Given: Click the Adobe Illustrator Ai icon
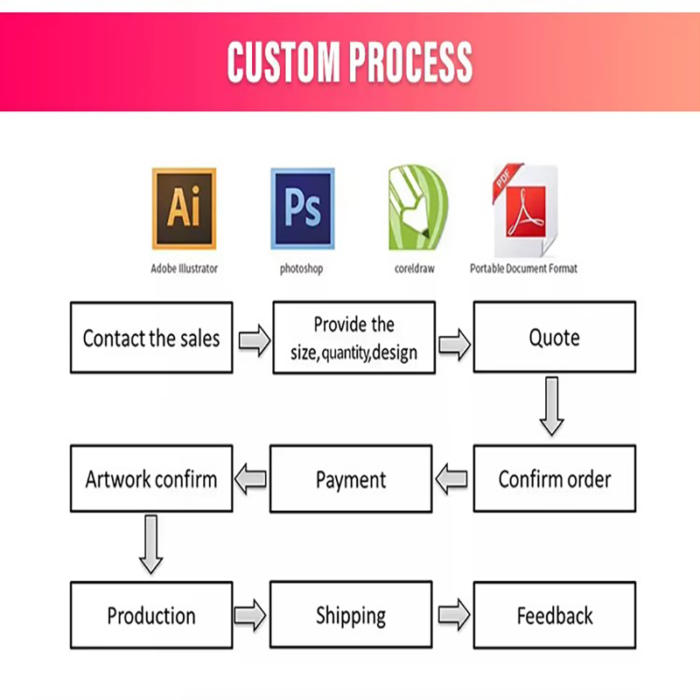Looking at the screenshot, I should [184, 208].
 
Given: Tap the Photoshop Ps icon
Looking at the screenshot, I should [302, 208].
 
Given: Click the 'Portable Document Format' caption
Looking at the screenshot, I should [523, 269].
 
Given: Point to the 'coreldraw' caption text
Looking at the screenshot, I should [415, 269].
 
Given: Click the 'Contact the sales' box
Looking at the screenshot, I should [151, 338].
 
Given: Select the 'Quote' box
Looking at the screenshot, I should [554, 338].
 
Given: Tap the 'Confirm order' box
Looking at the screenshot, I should [554, 479].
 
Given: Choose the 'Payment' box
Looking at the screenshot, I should [351, 479].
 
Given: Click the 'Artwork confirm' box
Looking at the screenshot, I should [151, 479].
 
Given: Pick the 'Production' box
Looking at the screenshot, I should [151, 615].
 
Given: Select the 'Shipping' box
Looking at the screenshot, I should [351, 615].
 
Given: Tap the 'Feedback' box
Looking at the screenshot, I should [554, 615].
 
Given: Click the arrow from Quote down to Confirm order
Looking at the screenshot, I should [550, 406].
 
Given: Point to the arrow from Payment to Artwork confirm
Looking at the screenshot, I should [252, 479].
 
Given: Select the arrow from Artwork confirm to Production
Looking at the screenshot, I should [150, 544].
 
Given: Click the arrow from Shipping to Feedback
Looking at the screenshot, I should [453, 615].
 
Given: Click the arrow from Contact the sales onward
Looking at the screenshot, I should [254, 341].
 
